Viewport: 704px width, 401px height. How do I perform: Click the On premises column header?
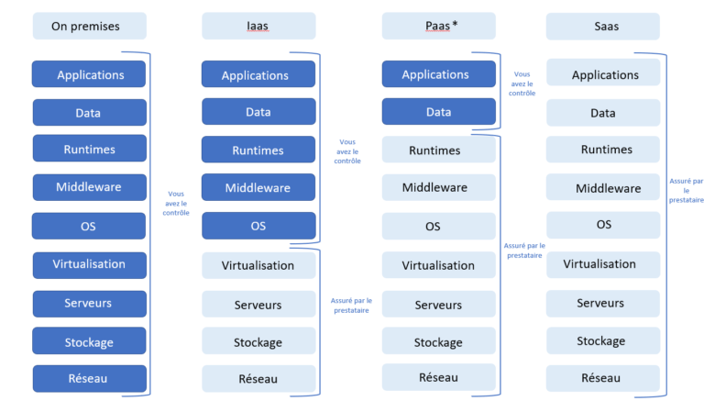pos(89,27)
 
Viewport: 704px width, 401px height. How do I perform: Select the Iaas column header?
pos(258,27)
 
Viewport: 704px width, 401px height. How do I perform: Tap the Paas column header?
pos(438,27)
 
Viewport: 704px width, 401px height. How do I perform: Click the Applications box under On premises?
pos(89,75)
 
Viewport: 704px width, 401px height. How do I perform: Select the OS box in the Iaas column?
pos(258,226)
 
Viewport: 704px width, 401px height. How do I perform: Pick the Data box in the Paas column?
pos(438,112)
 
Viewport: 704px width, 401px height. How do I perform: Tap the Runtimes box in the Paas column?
pos(438,150)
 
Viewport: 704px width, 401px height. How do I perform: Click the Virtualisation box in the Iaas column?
pos(258,265)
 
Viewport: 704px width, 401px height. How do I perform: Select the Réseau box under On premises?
pos(89,378)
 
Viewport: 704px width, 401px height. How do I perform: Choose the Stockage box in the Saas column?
pos(602,340)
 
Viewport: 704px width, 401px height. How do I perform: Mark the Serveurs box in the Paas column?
pos(438,305)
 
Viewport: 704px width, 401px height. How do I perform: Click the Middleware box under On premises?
pos(89,187)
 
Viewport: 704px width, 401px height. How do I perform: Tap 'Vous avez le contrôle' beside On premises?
pos(175,204)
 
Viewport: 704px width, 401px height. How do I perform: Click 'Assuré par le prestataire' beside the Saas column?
pos(686,190)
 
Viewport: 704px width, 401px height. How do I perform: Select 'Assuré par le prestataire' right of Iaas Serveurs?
pos(350,305)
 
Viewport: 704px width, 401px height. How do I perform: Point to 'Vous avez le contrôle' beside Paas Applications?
pos(522,84)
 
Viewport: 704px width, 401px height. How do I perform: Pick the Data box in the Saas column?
pos(602,113)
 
